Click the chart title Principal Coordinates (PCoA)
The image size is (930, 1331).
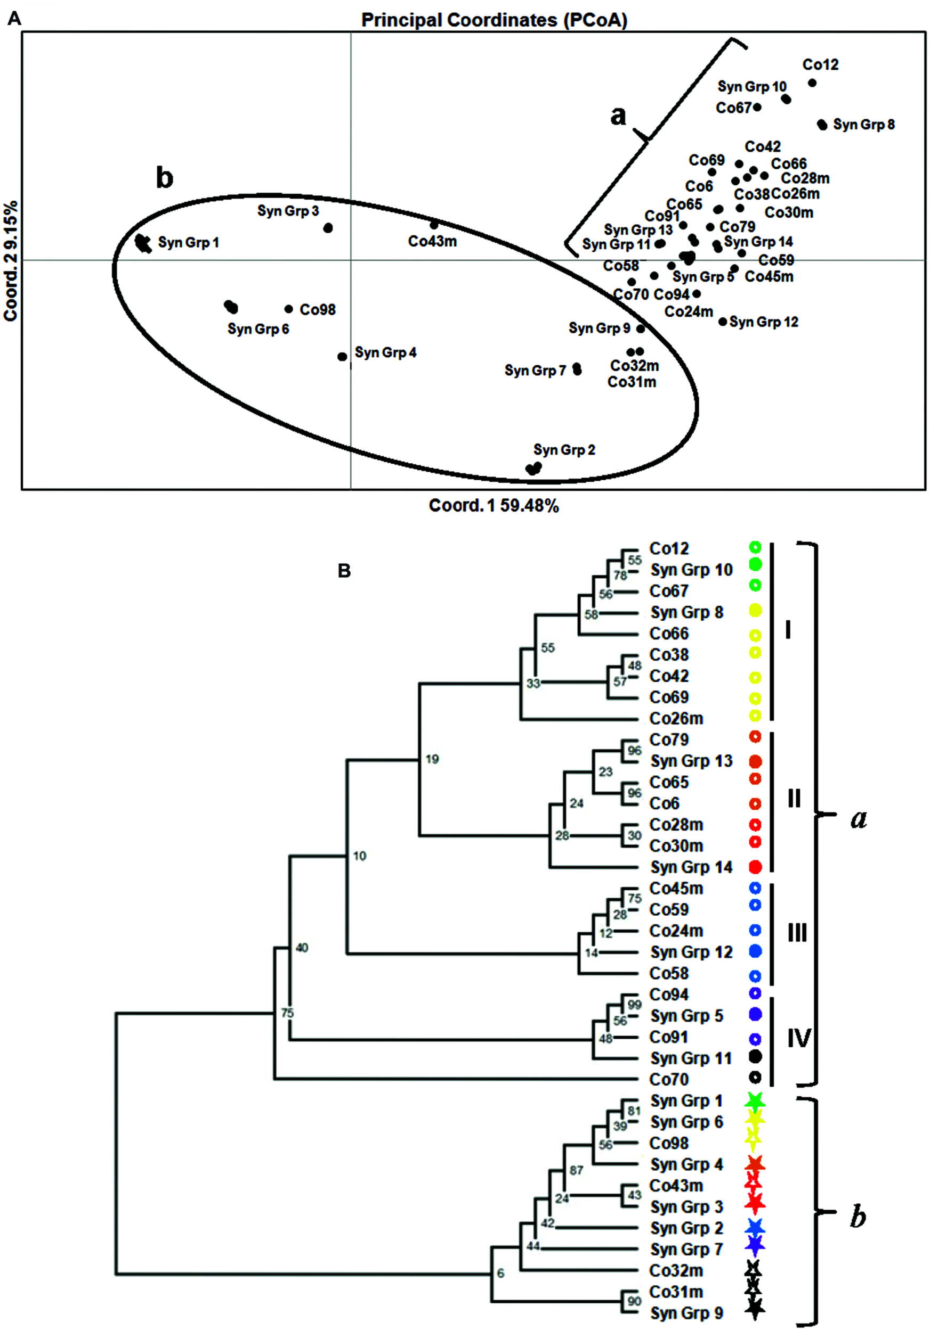(x=494, y=20)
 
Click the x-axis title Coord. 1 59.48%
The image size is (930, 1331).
(x=494, y=505)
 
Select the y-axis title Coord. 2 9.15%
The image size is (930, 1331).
(x=11, y=261)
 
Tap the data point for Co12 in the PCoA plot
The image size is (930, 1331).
(x=812, y=83)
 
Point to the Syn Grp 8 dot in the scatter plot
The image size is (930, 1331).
(x=822, y=124)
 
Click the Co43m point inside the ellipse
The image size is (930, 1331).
(x=434, y=225)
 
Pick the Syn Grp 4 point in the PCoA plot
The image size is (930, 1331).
(x=342, y=357)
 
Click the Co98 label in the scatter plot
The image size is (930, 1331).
(x=317, y=309)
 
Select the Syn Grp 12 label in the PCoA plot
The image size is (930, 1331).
(x=764, y=322)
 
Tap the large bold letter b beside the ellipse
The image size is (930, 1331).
(x=165, y=177)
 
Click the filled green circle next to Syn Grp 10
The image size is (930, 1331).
(x=755, y=564)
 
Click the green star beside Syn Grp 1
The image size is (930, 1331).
(x=754, y=1100)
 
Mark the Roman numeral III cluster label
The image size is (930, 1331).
(x=797, y=933)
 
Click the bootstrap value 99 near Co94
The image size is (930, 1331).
(x=634, y=1005)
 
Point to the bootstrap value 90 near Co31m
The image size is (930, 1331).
(x=634, y=1301)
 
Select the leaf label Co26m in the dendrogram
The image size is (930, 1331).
(x=676, y=718)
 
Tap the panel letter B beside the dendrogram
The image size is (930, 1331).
(x=344, y=571)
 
